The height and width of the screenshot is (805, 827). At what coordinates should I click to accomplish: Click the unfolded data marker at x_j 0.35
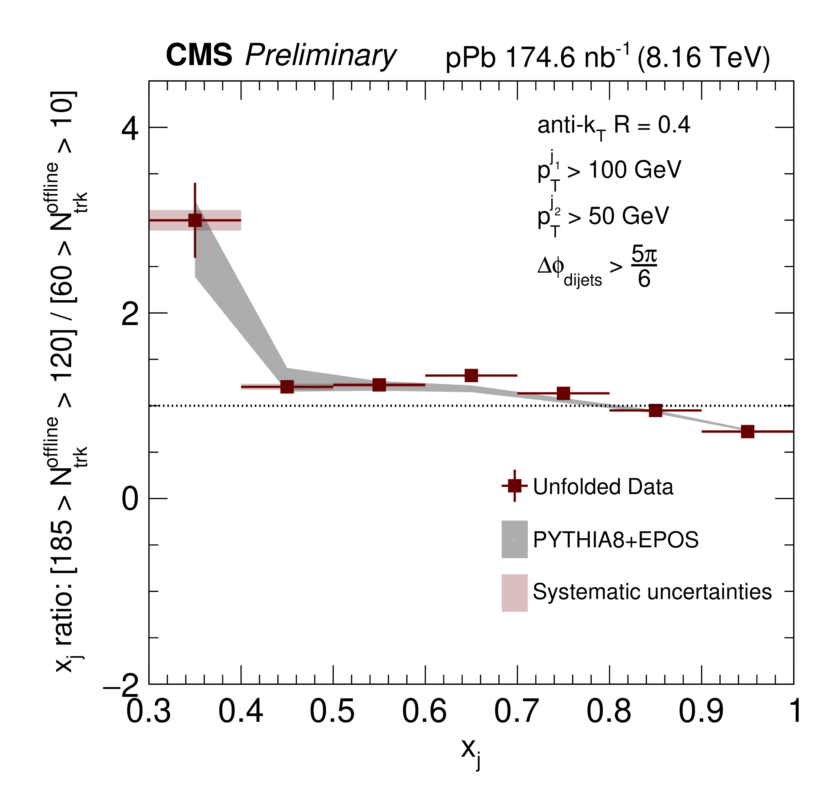tap(195, 220)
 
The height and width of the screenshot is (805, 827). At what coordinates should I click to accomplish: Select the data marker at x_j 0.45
tap(287, 386)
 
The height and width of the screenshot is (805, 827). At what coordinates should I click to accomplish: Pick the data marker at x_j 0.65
tap(471, 375)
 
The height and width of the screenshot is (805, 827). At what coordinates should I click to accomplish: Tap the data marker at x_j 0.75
tap(563, 393)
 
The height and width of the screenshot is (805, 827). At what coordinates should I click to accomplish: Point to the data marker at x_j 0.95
tap(747, 431)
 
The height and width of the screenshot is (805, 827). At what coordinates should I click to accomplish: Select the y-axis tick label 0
tap(130, 499)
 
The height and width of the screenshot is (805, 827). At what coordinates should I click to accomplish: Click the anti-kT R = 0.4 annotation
tap(613, 126)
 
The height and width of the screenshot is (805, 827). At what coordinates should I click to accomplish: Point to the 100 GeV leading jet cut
tap(634, 170)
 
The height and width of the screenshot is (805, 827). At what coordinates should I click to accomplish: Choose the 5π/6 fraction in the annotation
tap(644, 267)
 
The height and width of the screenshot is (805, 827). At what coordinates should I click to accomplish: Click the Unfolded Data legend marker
tap(515, 485)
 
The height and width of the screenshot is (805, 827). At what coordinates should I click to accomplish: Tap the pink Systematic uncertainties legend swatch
tap(515, 593)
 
